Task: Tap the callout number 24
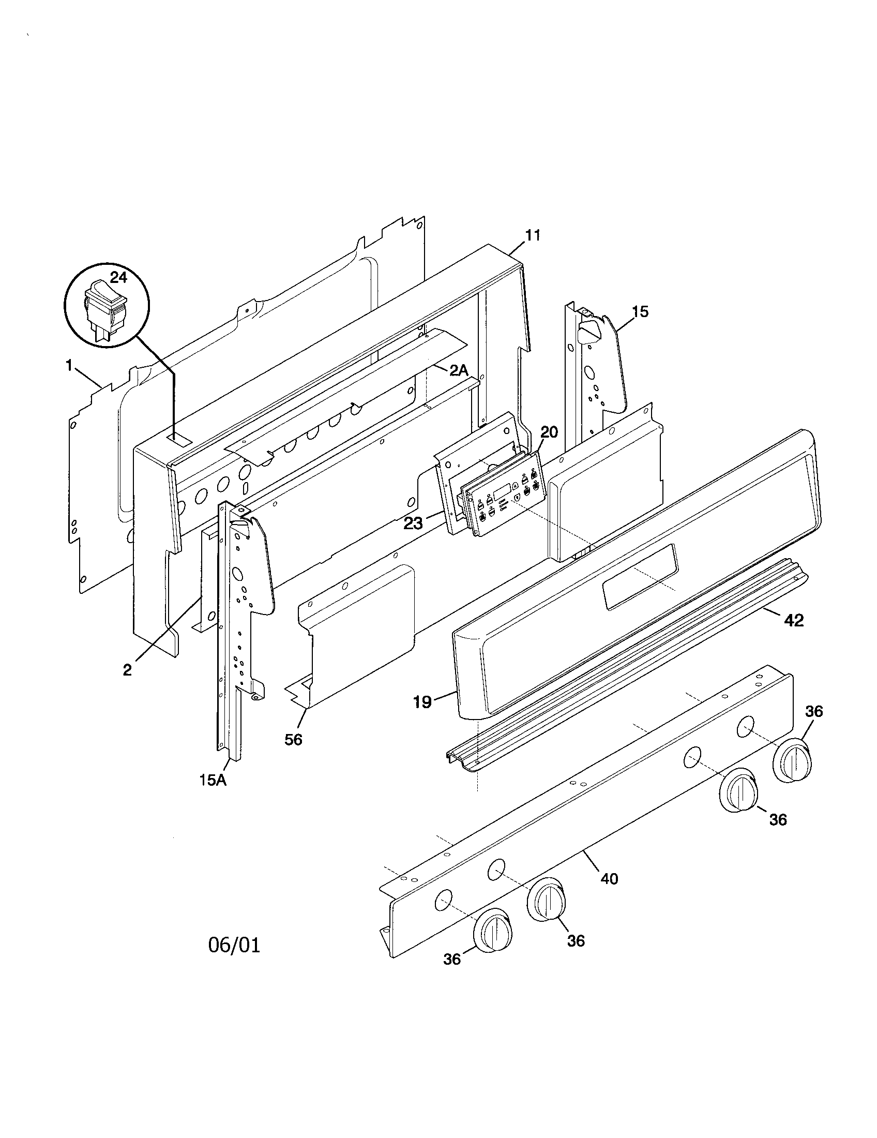pyautogui.click(x=119, y=277)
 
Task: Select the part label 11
pyautogui.click(x=532, y=235)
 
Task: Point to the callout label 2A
pyautogui.click(x=459, y=370)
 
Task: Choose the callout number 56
pyautogui.click(x=293, y=739)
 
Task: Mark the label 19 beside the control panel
pyautogui.click(x=422, y=702)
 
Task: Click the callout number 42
pyautogui.click(x=794, y=620)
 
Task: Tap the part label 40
pyautogui.click(x=609, y=879)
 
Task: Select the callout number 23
pyautogui.click(x=413, y=522)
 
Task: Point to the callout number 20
pyautogui.click(x=549, y=432)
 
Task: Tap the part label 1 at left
pyautogui.click(x=69, y=366)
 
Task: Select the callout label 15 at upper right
pyautogui.click(x=640, y=311)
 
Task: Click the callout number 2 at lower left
pyautogui.click(x=127, y=670)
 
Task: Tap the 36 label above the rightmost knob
pyautogui.click(x=814, y=711)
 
